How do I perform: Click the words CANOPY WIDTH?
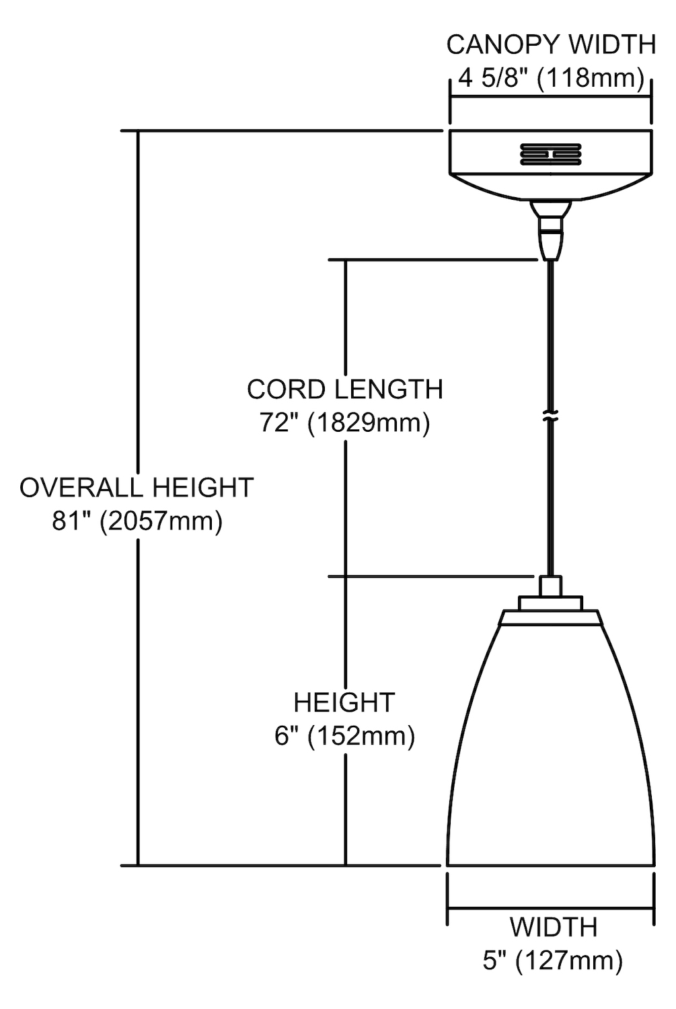point(551,45)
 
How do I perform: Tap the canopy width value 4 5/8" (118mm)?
point(552,79)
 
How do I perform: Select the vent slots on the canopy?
point(550,154)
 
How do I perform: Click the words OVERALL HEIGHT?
point(137,488)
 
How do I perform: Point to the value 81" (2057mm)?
point(137,521)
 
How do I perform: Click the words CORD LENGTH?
point(345,389)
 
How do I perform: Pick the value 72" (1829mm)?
point(344,423)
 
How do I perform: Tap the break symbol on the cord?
point(550,416)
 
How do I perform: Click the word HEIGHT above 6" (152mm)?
point(344,702)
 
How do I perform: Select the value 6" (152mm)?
point(344,736)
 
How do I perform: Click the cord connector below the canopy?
point(550,230)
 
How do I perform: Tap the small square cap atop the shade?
point(550,586)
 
